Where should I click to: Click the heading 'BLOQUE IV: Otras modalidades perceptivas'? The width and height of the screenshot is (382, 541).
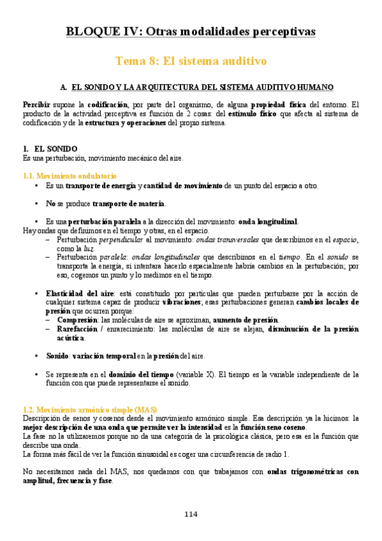191,31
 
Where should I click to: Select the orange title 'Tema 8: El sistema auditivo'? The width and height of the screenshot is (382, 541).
191,61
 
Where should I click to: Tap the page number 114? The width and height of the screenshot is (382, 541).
191,514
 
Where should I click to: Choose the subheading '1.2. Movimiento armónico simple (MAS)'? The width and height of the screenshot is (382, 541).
89,408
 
